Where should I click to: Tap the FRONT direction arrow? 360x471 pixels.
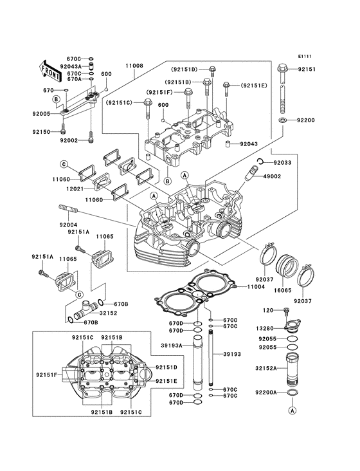coord(52,68)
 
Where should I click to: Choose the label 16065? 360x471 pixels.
coord(283,291)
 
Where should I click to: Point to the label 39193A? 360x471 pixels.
coord(174,346)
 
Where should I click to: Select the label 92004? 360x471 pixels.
coord(68,225)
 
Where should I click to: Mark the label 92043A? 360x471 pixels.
coord(70,66)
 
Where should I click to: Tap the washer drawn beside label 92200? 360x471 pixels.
coord(283,120)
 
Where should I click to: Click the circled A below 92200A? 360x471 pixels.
coord(292,409)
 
